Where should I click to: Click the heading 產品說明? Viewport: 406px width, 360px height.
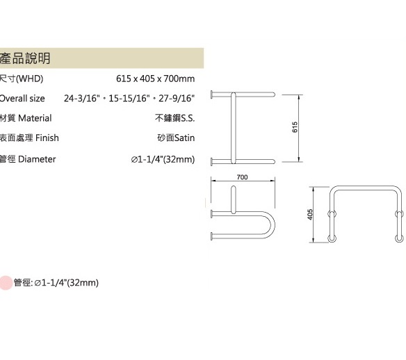coord(25,58)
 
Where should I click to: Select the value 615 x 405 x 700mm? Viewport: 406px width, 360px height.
coord(155,79)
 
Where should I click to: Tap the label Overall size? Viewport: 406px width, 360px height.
coord(22,99)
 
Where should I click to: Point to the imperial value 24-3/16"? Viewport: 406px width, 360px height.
coord(82,99)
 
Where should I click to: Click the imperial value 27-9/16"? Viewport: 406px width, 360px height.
coord(177,99)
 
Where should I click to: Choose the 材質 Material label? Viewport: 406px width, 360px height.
coord(26,118)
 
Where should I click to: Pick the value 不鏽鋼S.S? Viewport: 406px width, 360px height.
coord(174,118)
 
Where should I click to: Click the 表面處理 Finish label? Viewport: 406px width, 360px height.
coord(29,138)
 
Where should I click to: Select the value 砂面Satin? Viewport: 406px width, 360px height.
coord(176,138)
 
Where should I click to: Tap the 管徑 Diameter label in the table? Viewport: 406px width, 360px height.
coord(28,159)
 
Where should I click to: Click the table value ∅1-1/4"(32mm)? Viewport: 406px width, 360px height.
coord(163,159)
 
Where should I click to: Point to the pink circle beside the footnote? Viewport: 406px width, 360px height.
coord(6,283)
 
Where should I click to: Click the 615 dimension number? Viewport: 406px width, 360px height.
coord(295,127)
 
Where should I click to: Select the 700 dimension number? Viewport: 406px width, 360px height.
coord(242,177)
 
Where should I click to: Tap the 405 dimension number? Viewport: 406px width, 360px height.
coord(310,215)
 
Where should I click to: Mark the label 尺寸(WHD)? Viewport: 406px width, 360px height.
coord(22,79)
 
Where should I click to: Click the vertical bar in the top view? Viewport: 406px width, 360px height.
coord(234,128)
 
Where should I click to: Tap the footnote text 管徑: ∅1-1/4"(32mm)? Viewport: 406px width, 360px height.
coord(56,283)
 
